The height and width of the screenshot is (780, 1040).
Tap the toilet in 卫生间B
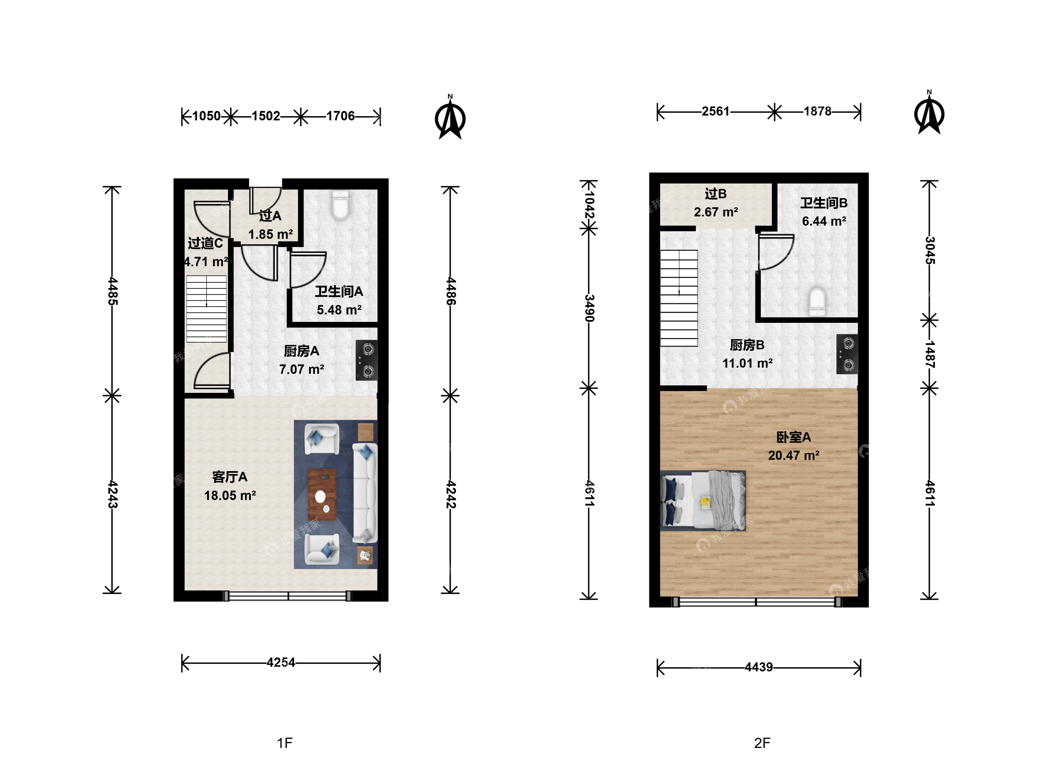tap(817, 302)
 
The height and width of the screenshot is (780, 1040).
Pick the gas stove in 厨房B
tap(847, 354)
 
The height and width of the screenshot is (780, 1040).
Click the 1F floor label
tap(285, 743)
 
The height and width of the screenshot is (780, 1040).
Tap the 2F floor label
tap(762, 743)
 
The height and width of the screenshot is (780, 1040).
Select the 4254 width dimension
tap(281, 663)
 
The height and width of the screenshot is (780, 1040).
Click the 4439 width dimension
tap(759, 667)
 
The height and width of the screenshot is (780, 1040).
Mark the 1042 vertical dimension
tap(589, 204)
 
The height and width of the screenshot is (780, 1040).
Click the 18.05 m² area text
tap(230, 495)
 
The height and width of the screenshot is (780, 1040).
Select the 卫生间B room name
tap(824, 203)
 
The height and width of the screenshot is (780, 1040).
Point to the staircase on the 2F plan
tap(679, 298)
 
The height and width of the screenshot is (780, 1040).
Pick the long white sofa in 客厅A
tap(365, 493)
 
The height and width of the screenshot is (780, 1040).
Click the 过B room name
tap(716, 194)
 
